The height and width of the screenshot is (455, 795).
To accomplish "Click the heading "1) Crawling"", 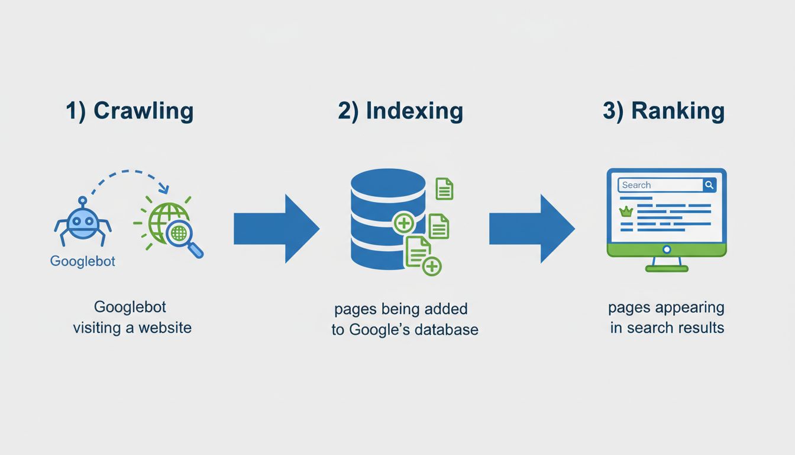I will [x=130, y=111].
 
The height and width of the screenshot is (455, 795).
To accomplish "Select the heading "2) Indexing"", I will [x=400, y=111].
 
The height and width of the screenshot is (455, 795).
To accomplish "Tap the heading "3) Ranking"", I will [x=664, y=111].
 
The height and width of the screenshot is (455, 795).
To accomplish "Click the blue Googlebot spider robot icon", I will [x=83, y=222].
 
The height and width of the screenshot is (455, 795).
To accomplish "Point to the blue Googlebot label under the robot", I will [x=83, y=261].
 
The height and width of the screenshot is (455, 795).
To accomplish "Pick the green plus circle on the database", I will [x=404, y=223].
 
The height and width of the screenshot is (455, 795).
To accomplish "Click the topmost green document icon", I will [x=444, y=188].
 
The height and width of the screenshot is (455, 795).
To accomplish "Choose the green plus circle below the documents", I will [x=432, y=266].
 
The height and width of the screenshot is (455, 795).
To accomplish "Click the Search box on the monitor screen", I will [x=660, y=185].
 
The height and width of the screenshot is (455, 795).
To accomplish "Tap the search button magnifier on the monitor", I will [x=709, y=185].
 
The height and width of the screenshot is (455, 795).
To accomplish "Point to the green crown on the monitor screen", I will [x=625, y=211].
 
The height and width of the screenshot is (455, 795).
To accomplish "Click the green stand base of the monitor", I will [x=667, y=268].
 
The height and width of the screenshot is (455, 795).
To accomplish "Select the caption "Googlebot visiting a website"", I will [x=132, y=318].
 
